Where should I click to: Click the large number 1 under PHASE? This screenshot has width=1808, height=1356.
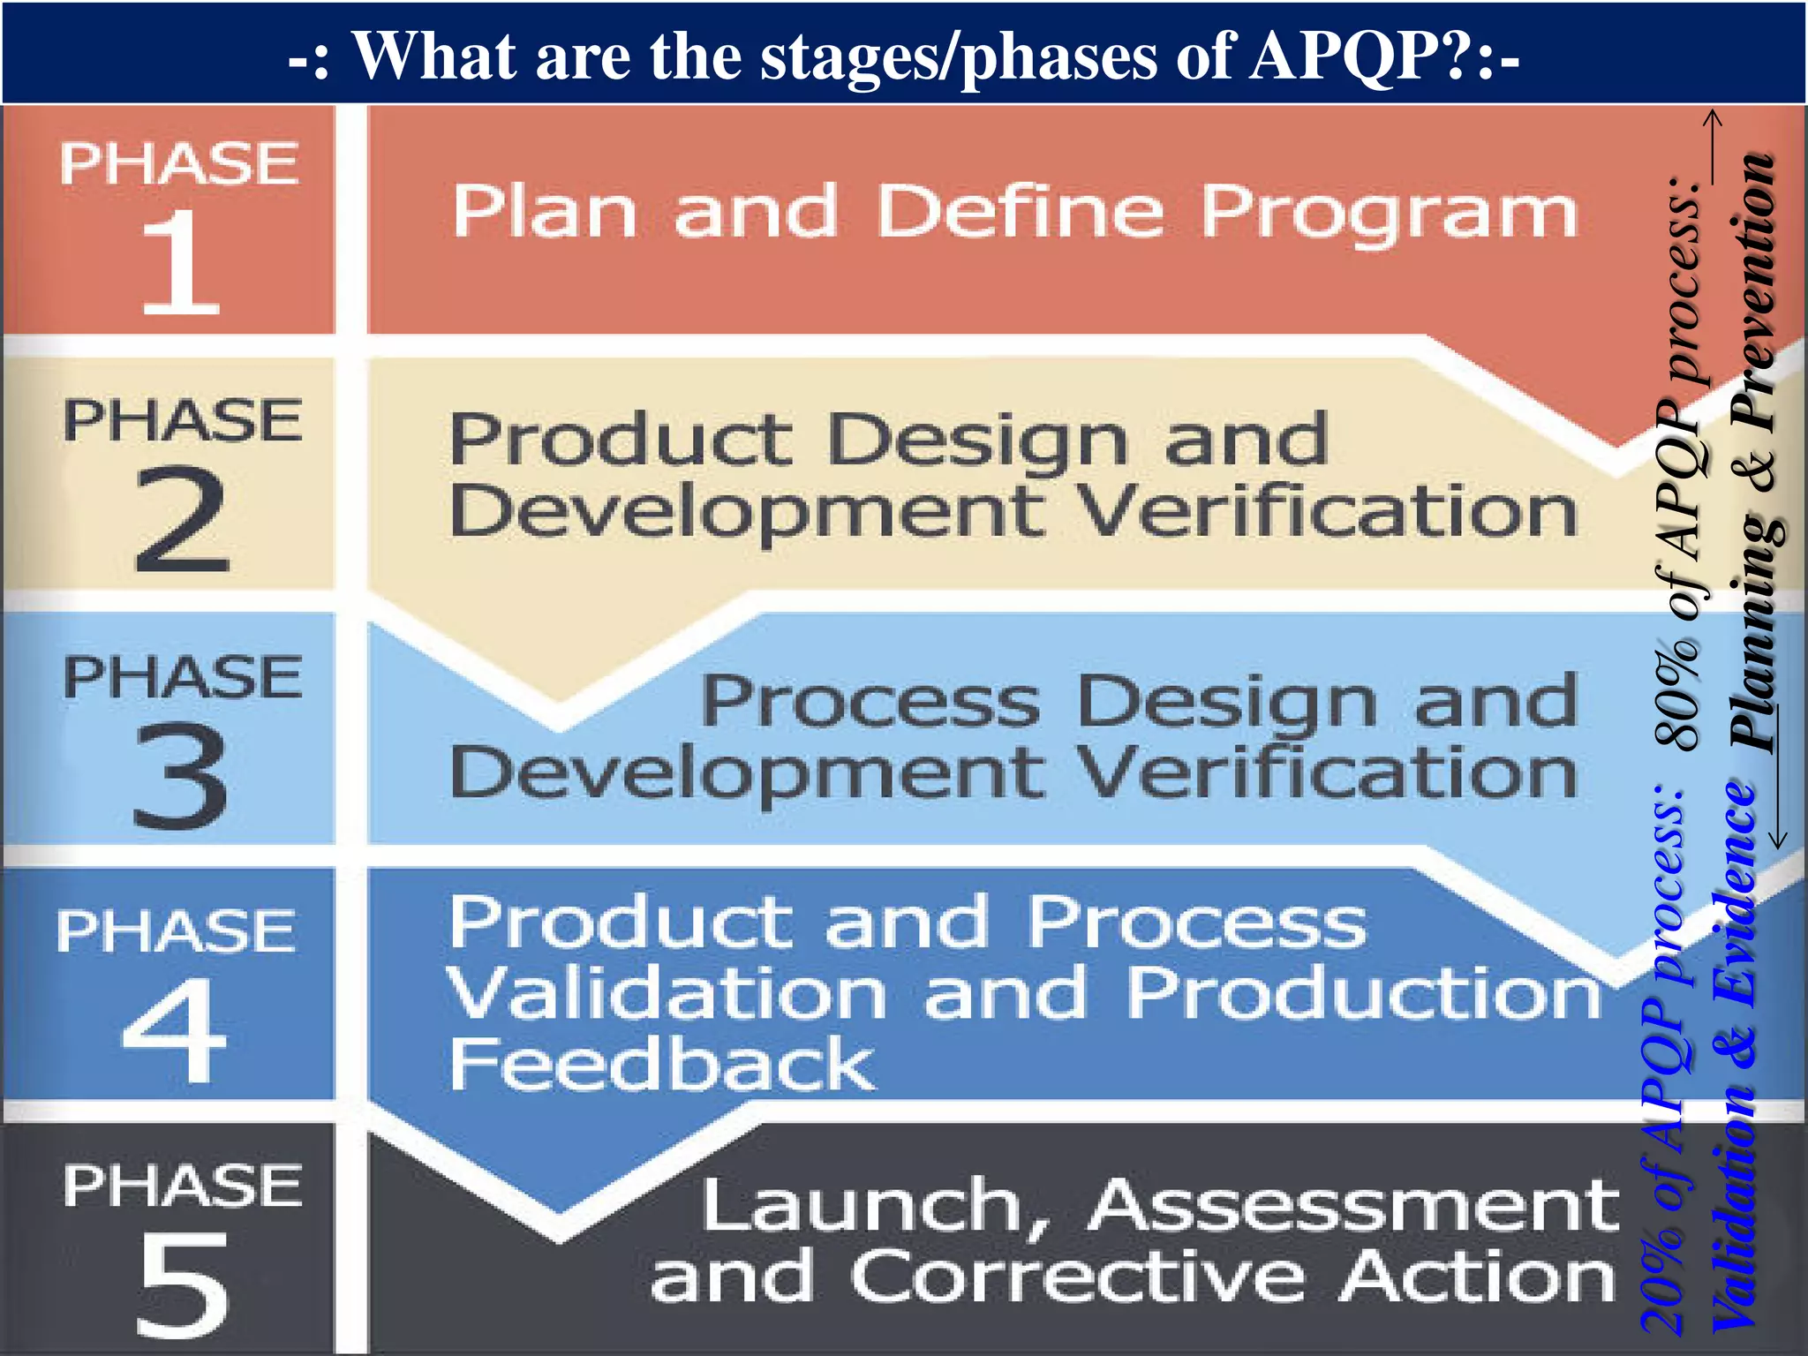pos(180,263)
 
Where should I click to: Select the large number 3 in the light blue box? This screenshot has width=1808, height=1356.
pos(181,775)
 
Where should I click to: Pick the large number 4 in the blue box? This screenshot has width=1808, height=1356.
pos(175,1029)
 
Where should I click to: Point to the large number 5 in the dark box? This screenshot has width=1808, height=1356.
pos(183,1284)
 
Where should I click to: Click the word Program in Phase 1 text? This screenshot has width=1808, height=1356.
pos(1389,213)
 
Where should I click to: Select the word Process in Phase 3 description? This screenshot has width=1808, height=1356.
pos(870,702)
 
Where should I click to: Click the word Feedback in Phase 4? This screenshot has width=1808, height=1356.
pos(662,1064)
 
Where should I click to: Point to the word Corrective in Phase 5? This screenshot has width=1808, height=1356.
pos(1078,1277)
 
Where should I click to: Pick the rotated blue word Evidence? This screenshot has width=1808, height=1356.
pos(1734,893)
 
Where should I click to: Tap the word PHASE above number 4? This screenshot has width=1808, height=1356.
pos(175,930)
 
